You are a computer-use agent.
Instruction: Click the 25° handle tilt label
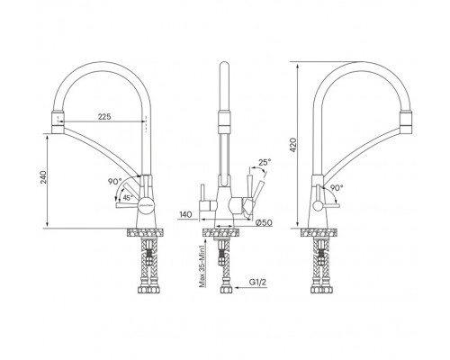[x=264, y=162]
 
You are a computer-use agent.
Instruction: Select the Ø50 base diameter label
[x=263, y=220]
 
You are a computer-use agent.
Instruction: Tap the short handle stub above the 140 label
[x=202, y=192]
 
